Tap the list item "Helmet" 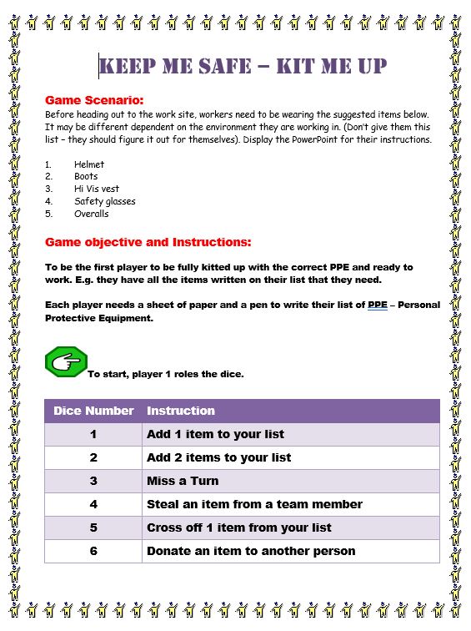click(x=89, y=165)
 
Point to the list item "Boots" click(x=86, y=177)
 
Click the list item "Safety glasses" click(x=104, y=201)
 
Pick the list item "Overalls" click(x=91, y=214)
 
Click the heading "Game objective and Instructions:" click(x=148, y=243)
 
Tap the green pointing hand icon click(x=66, y=362)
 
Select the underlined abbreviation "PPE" click(x=378, y=305)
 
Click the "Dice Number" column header click(x=93, y=411)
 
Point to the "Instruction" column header click(x=180, y=411)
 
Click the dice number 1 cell click(x=93, y=434)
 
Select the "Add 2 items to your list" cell click(x=219, y=457)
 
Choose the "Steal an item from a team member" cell click(x=254, y=504)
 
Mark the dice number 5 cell click(x=93, y=528)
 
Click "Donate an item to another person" click(x=251, y=551)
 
